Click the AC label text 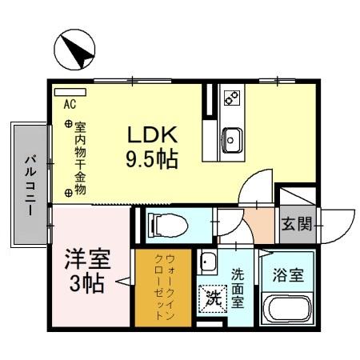(x=70, y=105)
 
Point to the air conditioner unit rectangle (x=70, y=92)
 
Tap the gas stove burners (x=231, y=99)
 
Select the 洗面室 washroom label (x=238, y=289)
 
